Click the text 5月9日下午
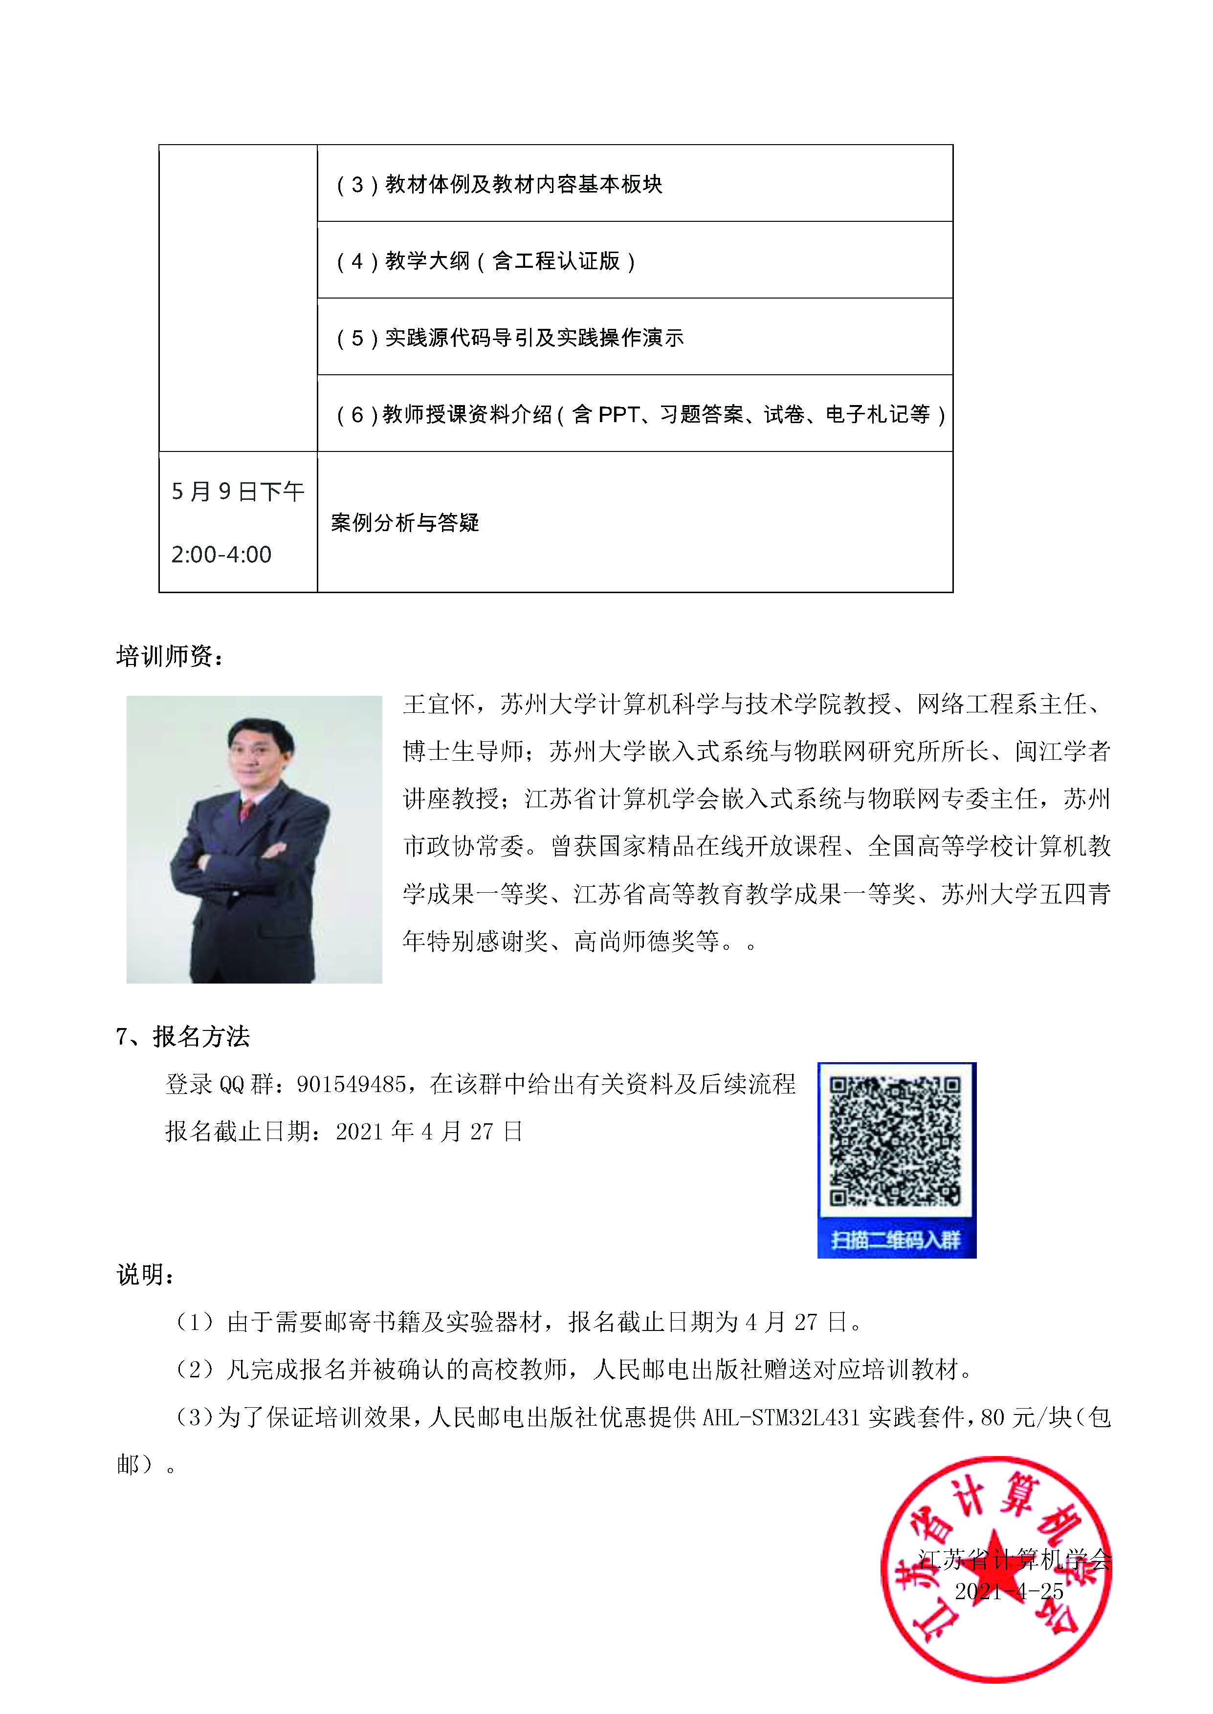click(x=238, y=491)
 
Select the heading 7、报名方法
click(x=183, y=1036)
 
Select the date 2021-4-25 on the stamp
click(x=1008, y=1591)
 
